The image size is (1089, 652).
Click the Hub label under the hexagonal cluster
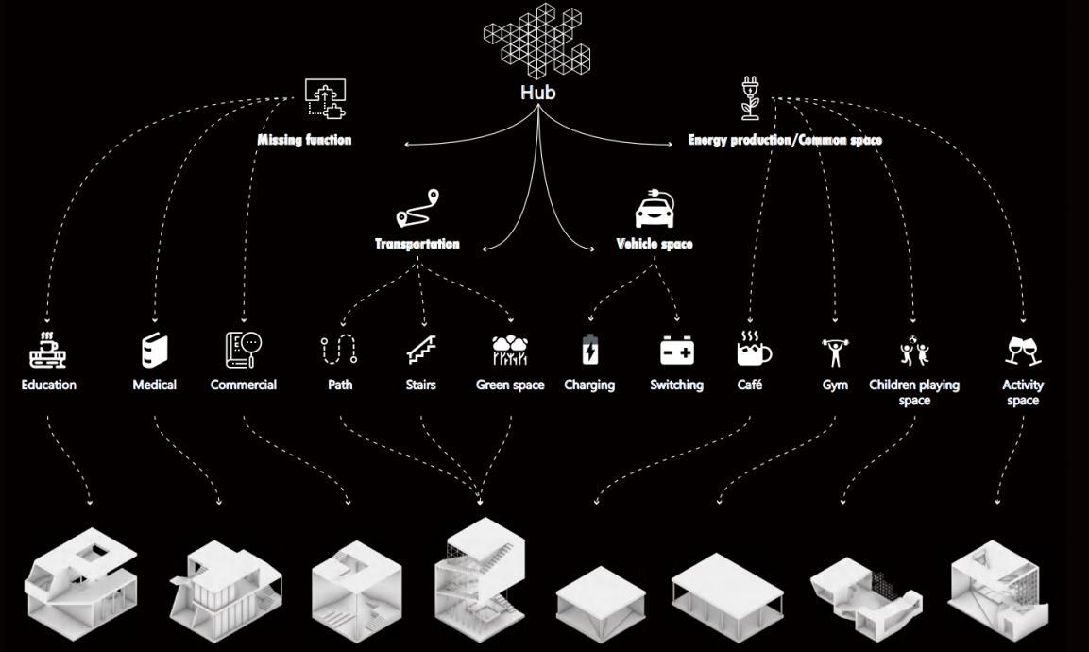[537, 93]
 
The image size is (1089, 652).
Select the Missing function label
[304, 140]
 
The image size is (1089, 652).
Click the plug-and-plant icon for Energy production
[751, 98]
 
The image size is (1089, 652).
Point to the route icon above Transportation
[418, 209]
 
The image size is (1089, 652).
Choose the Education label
[49, 385]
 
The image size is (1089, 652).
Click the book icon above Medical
[154, 350]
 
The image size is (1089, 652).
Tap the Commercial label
[244, 385]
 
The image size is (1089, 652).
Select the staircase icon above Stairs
[421, 351]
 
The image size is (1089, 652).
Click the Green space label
[510, 385]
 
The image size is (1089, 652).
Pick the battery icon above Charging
[590, 351]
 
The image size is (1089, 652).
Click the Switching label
[676, 385]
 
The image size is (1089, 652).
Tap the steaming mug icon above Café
[753, 350]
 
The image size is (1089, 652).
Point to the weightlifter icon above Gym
[834, 352]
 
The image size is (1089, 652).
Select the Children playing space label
[914, 392]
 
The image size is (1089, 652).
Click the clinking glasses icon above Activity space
[1023, 351]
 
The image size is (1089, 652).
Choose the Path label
[340, 385]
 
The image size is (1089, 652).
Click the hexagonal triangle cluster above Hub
[536, 38]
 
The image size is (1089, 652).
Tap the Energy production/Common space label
[785, 140]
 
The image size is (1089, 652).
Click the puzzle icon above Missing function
[325, 98]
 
